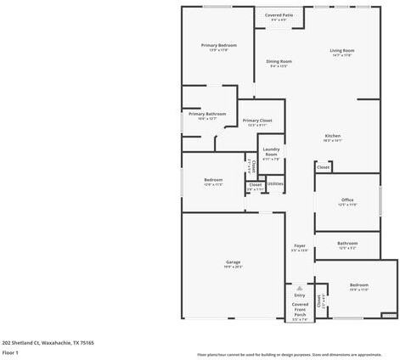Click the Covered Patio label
coord(279,14)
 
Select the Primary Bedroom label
coord(218,45)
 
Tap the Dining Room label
coord(279,61)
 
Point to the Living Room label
coord(342,51)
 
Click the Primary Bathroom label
coord(207,114)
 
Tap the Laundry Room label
coord(271,152)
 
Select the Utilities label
coord(275,183)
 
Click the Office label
coord(347,200)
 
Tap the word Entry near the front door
coord(300,295)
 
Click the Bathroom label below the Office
coord(347,243)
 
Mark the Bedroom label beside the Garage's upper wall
coord(213,179)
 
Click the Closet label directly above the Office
coord(324,167)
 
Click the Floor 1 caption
coord(10,352)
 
